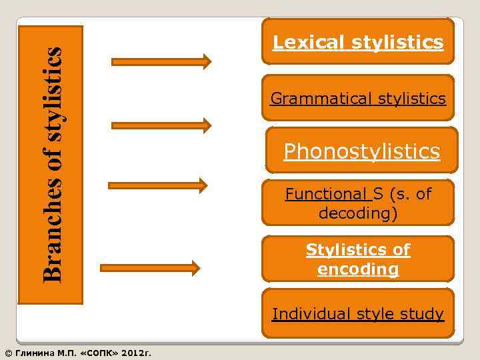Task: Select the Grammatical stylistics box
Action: click(x=358, y=98)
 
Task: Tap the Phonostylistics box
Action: click(x=361, y=151)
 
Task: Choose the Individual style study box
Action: click(x=358, y=313)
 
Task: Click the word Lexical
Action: click(x=309, y=43)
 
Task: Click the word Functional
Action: click(x=327, y=194)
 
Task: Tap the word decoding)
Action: click(x=358, y=213)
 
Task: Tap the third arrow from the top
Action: click(x=157, y=185)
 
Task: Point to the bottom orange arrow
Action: click(x=150, y=268)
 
